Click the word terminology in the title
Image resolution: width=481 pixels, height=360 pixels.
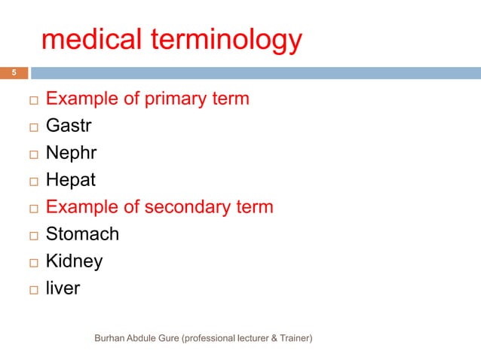pos(229,41)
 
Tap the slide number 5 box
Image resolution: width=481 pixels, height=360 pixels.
pos(13,73)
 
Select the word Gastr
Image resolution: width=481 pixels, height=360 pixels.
pos(68,127)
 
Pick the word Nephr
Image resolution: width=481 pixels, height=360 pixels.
pos(71,154)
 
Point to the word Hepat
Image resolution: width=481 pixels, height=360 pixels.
pos(70,181)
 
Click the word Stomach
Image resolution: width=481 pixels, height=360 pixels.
pos(82,234)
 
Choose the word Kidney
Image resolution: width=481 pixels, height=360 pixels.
pos(74,261)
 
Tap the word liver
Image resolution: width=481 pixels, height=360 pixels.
pos(63,288)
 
